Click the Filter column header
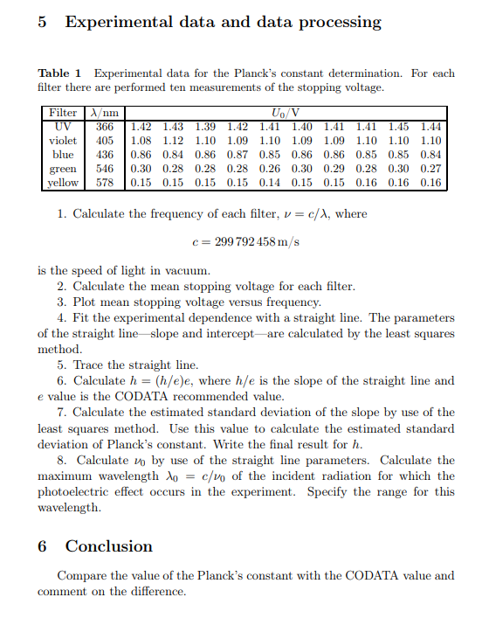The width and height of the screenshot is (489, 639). [x=63, y=113]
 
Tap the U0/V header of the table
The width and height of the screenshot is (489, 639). [x=286, y=113]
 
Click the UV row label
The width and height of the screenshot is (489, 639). [x=63, y=127]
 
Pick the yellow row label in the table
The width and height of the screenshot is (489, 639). [x=63, y=183]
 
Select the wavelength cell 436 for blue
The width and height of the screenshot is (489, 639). [x=106, y=155]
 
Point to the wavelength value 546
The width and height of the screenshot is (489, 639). [x=106, y=169]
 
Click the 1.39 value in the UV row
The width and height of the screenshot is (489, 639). [x=206, y=127]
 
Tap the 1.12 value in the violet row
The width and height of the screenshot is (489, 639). [x=174, y=141]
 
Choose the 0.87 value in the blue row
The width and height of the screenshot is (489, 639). [x=238, y=155]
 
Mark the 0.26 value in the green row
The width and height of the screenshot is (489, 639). [x=270, y=169]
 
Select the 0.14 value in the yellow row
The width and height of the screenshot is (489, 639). [x=270, y=183]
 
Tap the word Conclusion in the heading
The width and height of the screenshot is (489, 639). [x=109, y=546]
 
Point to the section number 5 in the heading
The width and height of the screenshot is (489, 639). [x=43, y=23]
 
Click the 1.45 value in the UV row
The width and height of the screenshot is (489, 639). [x=398, y=127]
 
